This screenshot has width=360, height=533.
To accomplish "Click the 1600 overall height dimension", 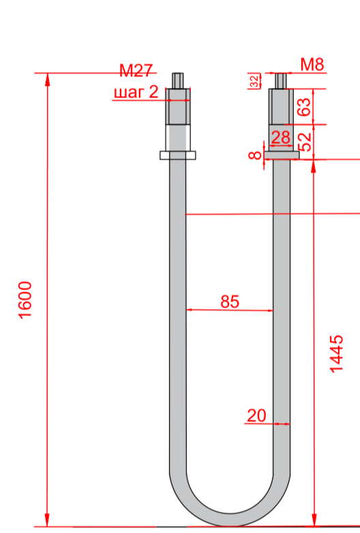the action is pos(25,300).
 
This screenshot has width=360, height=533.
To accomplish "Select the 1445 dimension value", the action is pos(337,354).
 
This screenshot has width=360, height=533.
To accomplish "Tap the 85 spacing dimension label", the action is pos(230,301).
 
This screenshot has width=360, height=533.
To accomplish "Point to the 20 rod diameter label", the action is pos(256,415).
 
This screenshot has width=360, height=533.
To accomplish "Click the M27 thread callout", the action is pos(136,71).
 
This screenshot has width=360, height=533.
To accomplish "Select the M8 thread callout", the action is pos(312,65).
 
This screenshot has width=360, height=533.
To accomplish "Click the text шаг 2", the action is pos(136,92).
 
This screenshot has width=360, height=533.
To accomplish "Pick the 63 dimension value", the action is pos(305,107).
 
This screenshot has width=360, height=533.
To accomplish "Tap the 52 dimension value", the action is pos(305,142).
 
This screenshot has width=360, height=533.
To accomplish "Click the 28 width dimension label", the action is pos(281,138).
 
